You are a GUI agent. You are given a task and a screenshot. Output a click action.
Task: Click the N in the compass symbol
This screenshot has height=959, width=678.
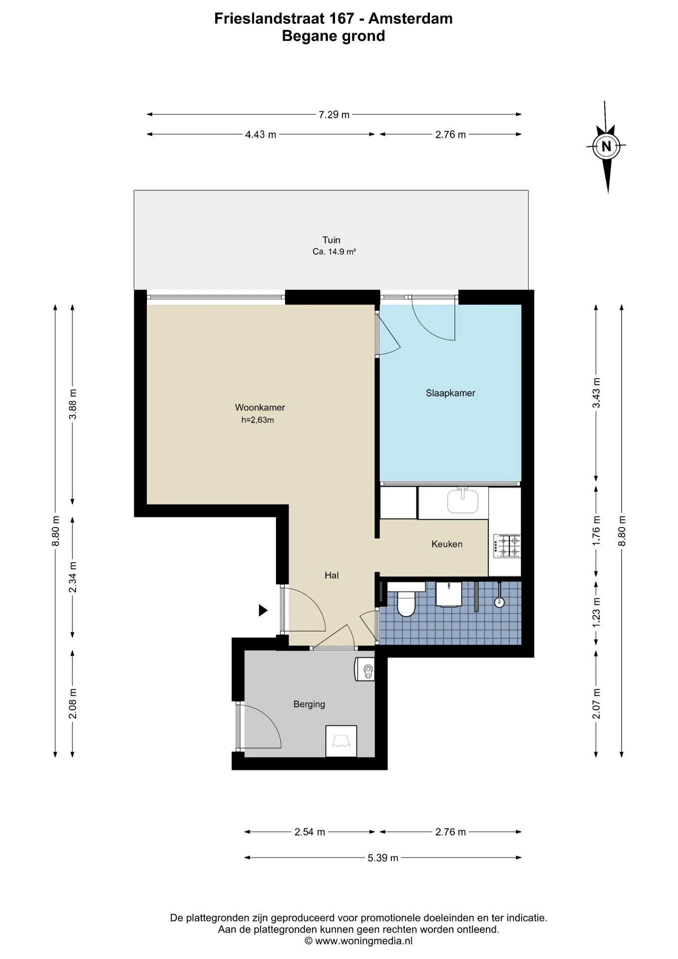[606, 146]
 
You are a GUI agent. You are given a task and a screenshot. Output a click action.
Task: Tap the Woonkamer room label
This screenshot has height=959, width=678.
[260, 408]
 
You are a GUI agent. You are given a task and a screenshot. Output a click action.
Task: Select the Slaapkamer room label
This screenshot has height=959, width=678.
[450, 393]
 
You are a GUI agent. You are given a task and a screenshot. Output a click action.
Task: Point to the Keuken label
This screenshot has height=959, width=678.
[447, 544]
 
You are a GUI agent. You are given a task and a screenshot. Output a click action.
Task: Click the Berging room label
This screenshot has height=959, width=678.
[309, 704]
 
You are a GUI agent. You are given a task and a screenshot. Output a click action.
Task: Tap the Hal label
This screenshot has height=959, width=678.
[332, 575]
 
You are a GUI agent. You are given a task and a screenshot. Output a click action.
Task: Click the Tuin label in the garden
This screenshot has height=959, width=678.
[331, 240]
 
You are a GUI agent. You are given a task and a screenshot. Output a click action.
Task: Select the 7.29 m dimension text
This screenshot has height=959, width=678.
[334, 114]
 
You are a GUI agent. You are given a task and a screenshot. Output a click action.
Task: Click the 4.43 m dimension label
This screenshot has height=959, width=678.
[261, 134]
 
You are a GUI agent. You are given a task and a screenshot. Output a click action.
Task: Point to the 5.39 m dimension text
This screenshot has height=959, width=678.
[383, 858]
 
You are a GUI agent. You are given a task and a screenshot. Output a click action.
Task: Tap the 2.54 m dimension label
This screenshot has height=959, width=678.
[310, 832]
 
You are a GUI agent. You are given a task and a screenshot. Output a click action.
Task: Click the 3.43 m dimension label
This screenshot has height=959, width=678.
[596, 393]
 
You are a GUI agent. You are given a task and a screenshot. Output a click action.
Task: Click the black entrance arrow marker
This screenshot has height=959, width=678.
[263, 610]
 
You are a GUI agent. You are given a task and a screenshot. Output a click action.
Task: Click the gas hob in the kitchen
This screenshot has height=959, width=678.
[507, 546]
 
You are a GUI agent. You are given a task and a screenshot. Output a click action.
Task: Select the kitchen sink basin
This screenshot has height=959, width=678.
[463, 501]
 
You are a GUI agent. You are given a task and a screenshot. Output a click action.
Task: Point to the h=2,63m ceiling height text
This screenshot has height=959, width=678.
[258, 420]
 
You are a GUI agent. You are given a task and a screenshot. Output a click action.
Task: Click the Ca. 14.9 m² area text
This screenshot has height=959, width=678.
[334, 252]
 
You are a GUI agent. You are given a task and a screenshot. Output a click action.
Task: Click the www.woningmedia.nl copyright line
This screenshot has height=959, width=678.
[358, 941]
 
